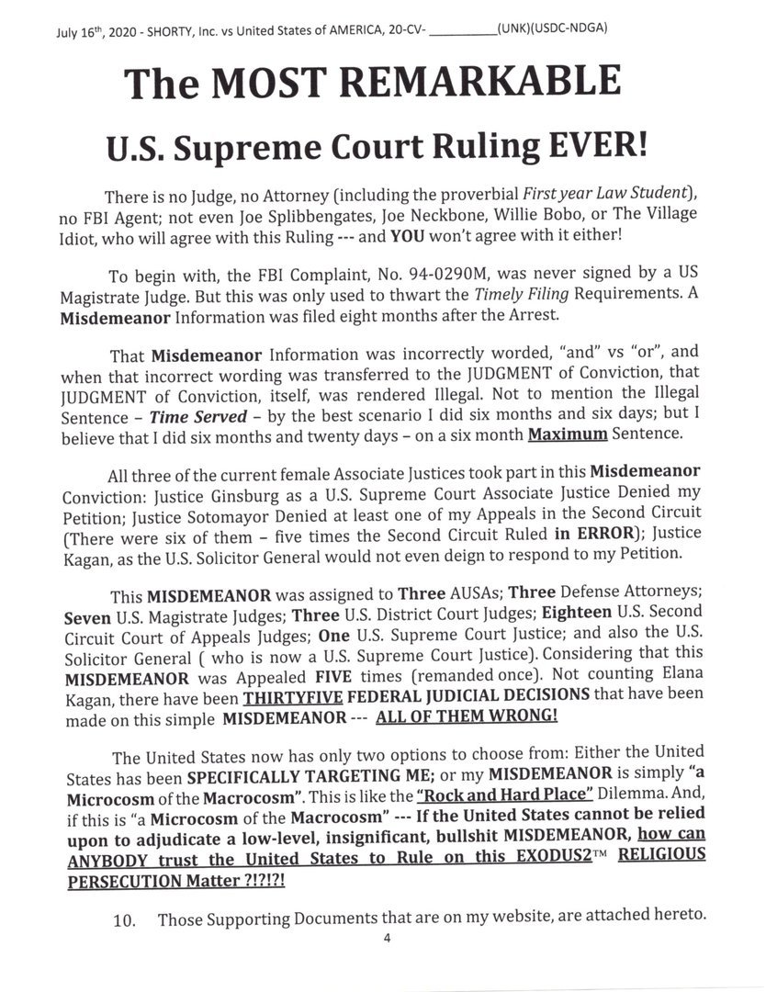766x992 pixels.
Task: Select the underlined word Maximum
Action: click(x=568, y=434)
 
